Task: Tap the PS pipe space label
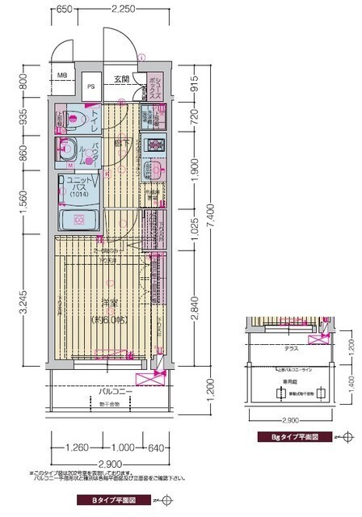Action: click(91, 85)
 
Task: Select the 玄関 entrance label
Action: click(121, 79)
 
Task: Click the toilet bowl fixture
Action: click(71, 118)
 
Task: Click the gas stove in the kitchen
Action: click(153, 146)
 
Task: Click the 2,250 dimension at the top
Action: click(122, 9)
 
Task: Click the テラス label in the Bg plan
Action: click(290, 349)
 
